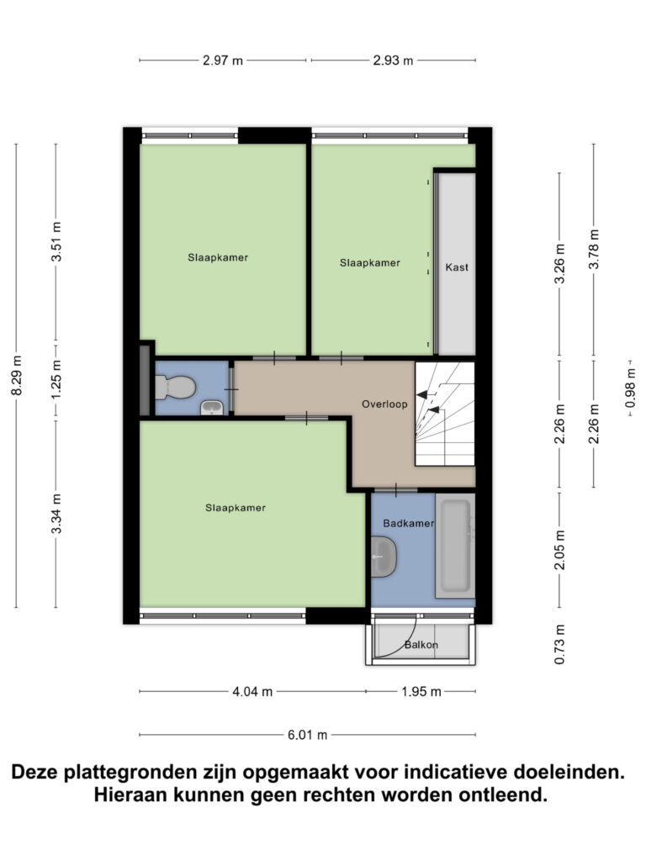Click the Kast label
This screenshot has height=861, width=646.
pyautogui.click(x=457, y=267)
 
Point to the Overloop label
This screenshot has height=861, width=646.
pyautogui.click(x=384, y=404)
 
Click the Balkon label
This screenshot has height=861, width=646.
pyautogui.click(x=421, y=646)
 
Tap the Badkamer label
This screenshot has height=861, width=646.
pyautogui.click(x=408, y=523)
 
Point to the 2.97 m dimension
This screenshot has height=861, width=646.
pyautogui.click(x=223, y=60)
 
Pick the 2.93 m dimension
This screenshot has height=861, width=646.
pyautogui.click(x=393, y=60)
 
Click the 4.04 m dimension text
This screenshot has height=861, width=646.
pyautogui.click(x=252, y=692)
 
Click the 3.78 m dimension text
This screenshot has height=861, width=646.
pyautogui.click(x=594, y=249)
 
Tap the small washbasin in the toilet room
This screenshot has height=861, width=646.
pyautogui.click(x=212, y=408)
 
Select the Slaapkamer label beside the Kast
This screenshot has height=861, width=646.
pyautogui.click(x=370, y=263)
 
